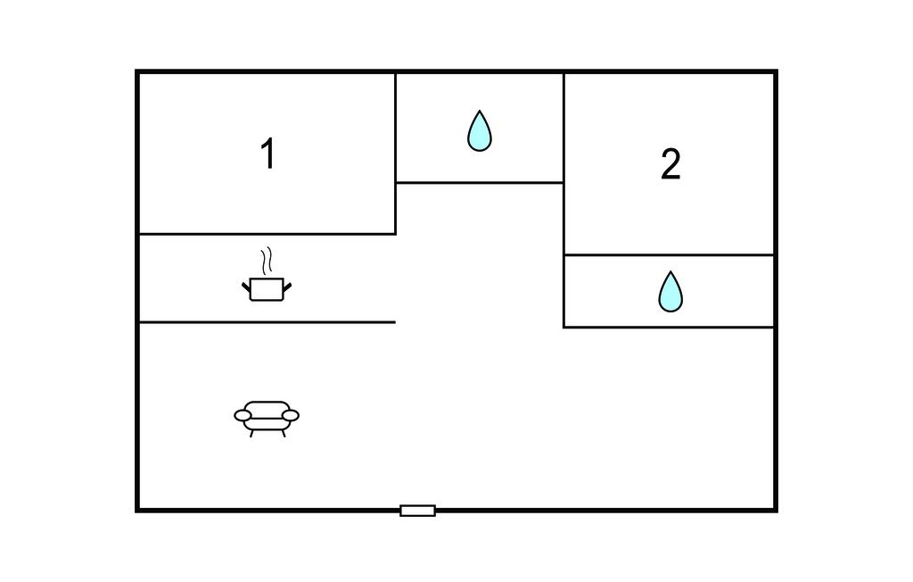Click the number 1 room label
pyautogui.click(x=267, y=154)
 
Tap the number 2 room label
pyautogui.click(x=670, y=165)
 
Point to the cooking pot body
pyautogui.click(x=267, y=289)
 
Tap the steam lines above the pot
pyautogui.click(x=266, y=262)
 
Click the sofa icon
pyautogui.click(x=267, y=416)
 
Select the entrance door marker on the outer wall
pyautogui.click(x=417, y=511)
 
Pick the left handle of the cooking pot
pyautogui.click(x=247, y=286)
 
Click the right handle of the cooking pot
pyautogui.click(x=286, y=286)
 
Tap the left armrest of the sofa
pyautogui.click(x=243, y=415)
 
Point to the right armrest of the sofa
pyautogui.click(x=291, y=415)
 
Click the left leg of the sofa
pyautogui.click(x=251, y=433)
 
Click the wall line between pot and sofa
pyautogui.click(x=267, y=322)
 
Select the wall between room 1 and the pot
pyautogui.click(x=267, y=234)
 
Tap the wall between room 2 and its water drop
pyautogui.click(x=669, y=255)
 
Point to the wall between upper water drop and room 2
pyautogui.click(x=563, y=134)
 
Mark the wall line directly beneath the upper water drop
pyautogui.click(x=480, y=183)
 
